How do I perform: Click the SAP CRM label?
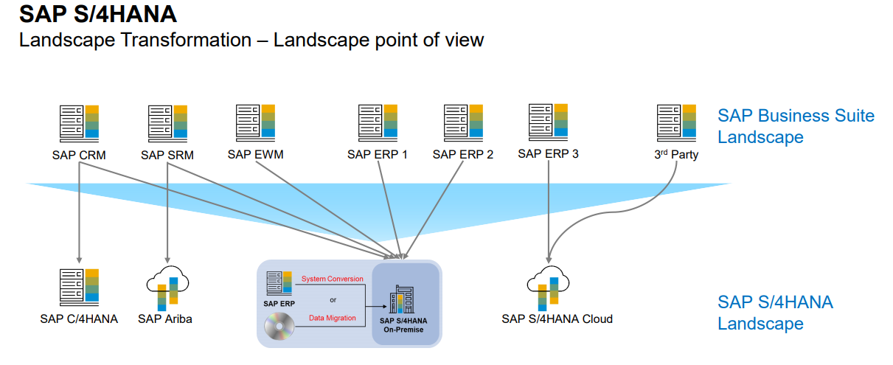79,155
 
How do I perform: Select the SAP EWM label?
255,154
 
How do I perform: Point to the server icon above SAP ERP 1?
378,122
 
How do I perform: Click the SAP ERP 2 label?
463,155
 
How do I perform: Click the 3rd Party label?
676,155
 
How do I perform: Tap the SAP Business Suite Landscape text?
796,126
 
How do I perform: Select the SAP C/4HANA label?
79,319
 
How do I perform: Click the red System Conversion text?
333,279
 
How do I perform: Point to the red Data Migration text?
332,318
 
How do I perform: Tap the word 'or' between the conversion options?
333,299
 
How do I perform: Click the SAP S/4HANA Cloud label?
557,319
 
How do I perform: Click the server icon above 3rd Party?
676,122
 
